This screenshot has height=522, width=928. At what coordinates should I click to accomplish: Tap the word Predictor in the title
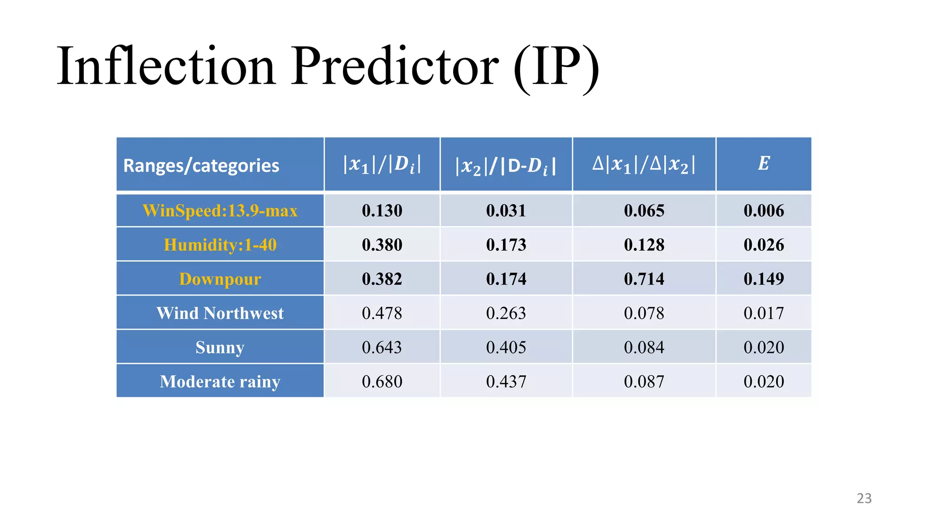[394, 66]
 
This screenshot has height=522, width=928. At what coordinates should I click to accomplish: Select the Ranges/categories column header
[201, 166]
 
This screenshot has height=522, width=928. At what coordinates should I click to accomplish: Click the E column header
[764, 164]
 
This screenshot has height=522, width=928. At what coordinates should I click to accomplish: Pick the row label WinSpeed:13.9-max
[220, 211]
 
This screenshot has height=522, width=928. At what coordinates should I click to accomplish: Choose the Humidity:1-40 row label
[220, 245]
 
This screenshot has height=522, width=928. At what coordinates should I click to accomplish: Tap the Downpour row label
[220, 279]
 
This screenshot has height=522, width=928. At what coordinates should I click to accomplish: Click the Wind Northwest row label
[220, 313]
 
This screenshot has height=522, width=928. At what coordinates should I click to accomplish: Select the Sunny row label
[220, 348]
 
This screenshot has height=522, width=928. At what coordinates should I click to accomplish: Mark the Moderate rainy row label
[220, 382]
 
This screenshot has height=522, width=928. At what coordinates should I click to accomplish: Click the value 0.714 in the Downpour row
[644, 279]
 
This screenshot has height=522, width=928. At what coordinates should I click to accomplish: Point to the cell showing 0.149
[764, 279]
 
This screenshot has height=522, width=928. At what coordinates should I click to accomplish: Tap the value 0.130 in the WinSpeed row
[382, 211]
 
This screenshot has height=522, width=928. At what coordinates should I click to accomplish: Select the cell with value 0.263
[506, 313]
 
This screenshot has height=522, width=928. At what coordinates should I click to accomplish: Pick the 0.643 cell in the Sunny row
[382, 348]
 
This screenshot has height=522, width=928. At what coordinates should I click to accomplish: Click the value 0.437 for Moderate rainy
[506, 382]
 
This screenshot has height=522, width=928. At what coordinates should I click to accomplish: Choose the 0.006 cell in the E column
[764, 211]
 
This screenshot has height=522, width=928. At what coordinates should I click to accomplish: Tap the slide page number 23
[864, 498]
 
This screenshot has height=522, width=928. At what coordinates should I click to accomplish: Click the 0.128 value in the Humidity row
[644, 245]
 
